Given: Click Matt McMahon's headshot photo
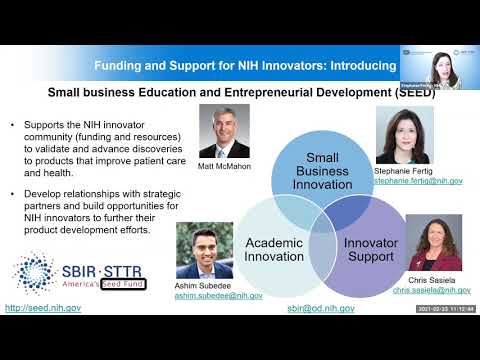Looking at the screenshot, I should (224, 131).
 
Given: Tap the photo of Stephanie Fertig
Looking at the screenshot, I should (404, 135).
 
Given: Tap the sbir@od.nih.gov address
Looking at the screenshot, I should (321, 308).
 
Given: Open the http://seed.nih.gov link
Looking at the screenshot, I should (43, 308).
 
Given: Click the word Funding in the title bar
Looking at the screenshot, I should (120, 64).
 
